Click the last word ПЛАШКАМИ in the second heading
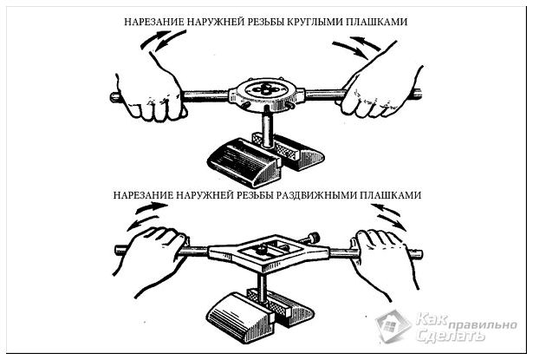(x=391, y=195)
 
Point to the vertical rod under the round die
(x=266, y=129)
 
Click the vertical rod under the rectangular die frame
(x=261, y=290)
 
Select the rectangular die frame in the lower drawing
(x=269, y=252)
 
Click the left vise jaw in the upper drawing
(x=244, y=161)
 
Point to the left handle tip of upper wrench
(x=114, y=98)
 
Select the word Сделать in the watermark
(x=450, y=336)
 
